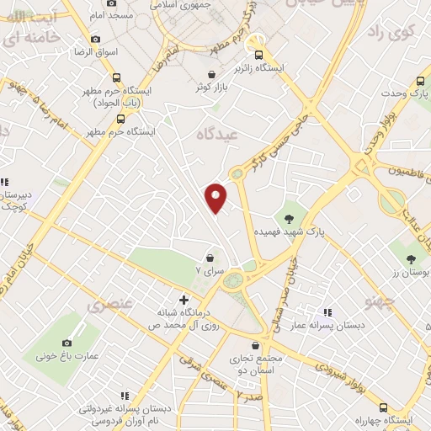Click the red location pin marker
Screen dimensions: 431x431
(216, 196)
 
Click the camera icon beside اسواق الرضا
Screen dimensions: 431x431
(95, 39)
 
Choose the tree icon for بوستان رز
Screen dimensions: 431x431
(411, 259)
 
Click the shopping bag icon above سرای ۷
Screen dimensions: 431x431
(209, 258)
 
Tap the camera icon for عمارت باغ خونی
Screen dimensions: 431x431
(67, 343)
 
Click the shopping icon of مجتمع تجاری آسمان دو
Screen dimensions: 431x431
(255, 345)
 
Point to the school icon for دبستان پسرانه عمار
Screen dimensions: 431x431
(327, 311)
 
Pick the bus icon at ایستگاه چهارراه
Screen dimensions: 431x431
(384, 407)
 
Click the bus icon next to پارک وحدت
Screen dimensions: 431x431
(401, 92)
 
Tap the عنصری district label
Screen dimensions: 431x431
(107, 304)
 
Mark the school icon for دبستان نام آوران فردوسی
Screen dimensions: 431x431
(125, 396)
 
